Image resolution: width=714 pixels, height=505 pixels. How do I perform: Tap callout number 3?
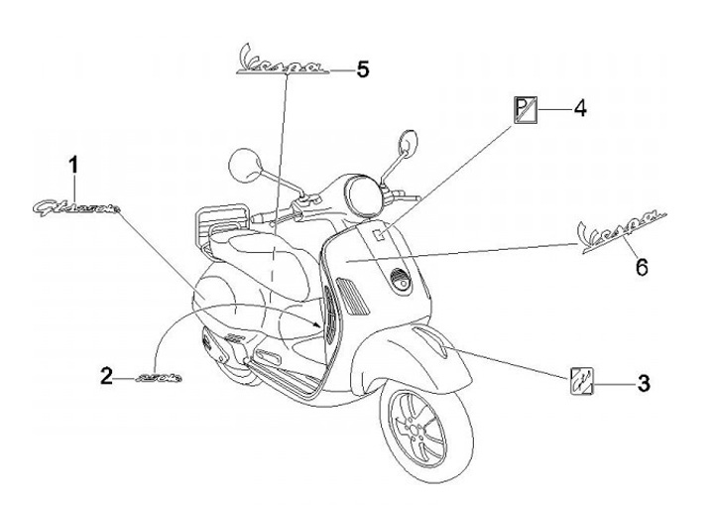[643, 380]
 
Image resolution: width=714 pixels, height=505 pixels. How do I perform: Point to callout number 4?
[580, 106]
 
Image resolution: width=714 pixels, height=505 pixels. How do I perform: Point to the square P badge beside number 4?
[525, 107]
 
